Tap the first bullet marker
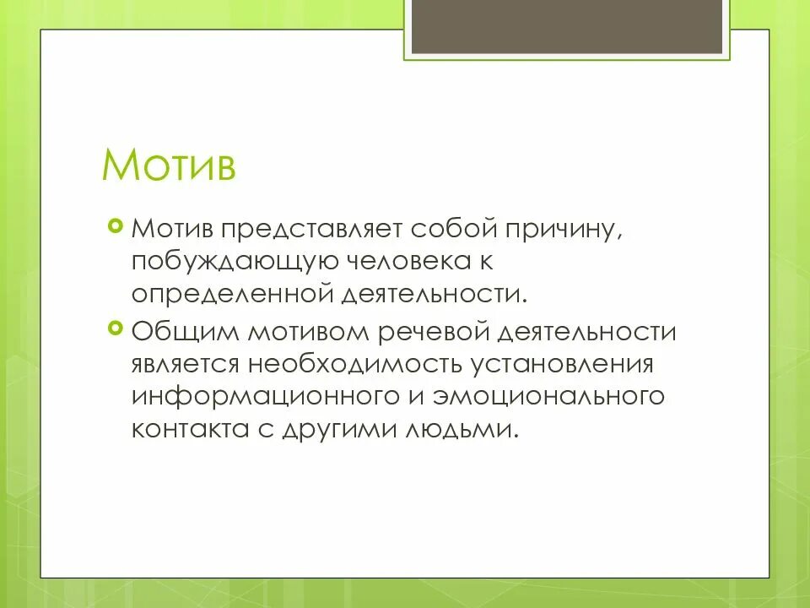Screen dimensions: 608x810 pos(116,225)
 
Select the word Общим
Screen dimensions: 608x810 pos(185,332)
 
